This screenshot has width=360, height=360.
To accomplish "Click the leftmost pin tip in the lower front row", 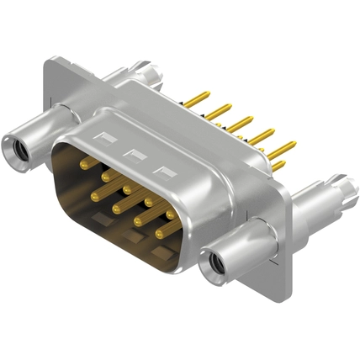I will coord(95,195).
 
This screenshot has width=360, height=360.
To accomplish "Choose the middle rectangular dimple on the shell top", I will coord(133,153).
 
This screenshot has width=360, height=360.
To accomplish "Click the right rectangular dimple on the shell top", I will coord(165,171).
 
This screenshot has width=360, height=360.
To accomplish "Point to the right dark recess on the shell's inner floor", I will coord(159,251).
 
